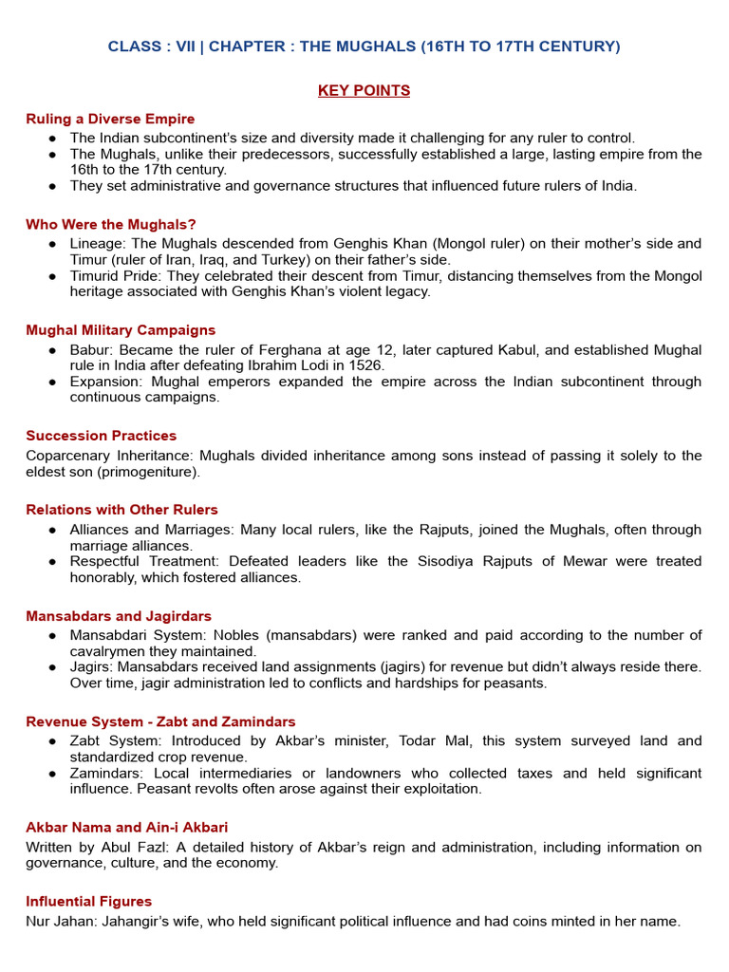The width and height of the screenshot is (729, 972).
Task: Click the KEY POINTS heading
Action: coord(364,91)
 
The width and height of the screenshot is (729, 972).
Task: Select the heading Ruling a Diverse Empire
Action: coord(110,119)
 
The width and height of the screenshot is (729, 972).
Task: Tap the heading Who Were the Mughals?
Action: coord(111,224)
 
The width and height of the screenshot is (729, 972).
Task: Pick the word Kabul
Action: coord(526,350)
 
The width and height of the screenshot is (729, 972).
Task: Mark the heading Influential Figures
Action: coord(88,901)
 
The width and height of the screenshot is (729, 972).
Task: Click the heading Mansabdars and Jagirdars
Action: coord(119,616)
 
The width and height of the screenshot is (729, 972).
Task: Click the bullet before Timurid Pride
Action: coord(53,276)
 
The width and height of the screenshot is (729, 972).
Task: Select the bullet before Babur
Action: coord(53,350)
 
